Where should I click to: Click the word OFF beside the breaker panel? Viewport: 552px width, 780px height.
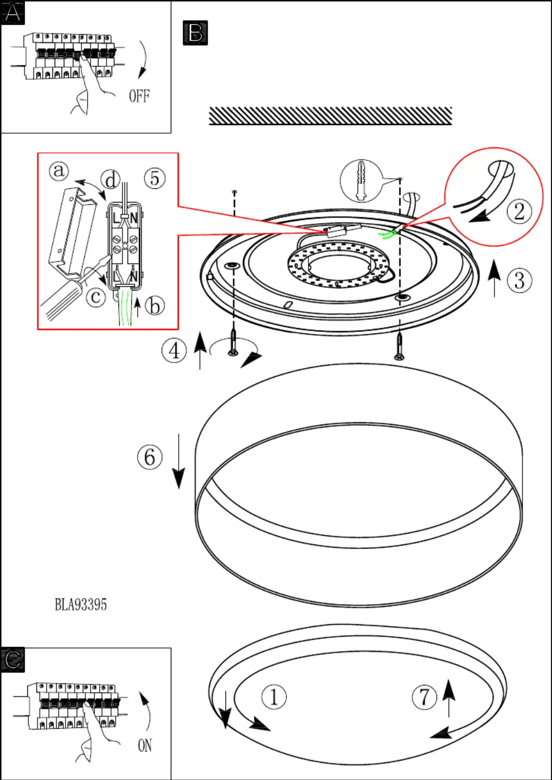(x=139, y=96)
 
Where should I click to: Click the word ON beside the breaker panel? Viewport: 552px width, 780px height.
(x=145, y=745)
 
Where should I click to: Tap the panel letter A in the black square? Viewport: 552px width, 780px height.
(x=13, y=12)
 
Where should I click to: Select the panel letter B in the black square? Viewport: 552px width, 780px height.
(x=195, y=32)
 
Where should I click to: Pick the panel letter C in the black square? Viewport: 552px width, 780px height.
(x=13, y=659)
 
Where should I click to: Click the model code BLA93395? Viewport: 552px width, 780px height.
(x=81, y=604)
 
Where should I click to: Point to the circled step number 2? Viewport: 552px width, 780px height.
(x=519, y=212)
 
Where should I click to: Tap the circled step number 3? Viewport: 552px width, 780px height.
(x=520, y=280)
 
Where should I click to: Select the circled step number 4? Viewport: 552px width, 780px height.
(x=174, y=350)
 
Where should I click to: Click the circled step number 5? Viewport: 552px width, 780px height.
(x=155, y=178)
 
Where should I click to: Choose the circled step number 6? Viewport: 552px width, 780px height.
(x=150, y=457)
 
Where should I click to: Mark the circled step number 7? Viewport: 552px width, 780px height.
(x=425, y=697)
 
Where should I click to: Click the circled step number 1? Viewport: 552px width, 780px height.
(x=274, y=697)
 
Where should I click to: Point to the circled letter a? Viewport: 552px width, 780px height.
(x=59, y=170)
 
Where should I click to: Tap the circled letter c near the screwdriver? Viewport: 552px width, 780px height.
(x=96, y=296)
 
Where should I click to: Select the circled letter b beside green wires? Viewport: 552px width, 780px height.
(x=155, y=306)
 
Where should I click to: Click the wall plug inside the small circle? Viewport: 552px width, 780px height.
(x=360, y=180)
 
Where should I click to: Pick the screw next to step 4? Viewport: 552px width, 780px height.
(x=233, y=343)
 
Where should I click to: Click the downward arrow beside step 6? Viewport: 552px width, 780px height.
(x=179, y=461)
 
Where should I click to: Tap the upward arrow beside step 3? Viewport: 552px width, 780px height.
(x=495, y=279)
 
